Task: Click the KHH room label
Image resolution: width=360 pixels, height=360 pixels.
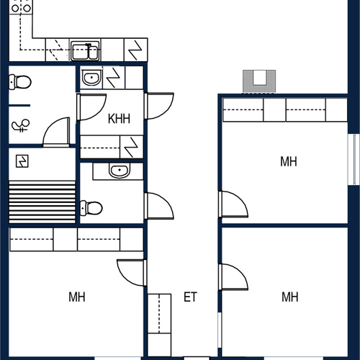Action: (119, 119)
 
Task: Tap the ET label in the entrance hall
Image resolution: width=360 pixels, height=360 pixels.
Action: (190, 297)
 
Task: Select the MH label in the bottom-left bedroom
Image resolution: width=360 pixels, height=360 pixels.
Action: (77, 297)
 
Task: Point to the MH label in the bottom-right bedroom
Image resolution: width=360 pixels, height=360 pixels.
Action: (290, 297)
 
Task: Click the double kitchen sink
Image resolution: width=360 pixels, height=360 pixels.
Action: (85, 51)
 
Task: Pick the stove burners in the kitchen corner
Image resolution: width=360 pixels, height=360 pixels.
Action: (21, 7)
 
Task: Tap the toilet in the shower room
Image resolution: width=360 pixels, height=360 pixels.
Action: (20, 82)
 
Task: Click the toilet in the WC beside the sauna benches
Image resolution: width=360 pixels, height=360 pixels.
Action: (91, 208)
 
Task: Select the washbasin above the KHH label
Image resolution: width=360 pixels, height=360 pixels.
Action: (91, 77)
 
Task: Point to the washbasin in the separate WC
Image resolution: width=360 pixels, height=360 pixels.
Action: (120, 171)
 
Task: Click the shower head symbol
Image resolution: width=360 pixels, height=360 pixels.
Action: (21, 125)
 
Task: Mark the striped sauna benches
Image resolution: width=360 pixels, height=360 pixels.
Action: (42, 202)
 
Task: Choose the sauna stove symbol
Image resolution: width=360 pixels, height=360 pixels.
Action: (22, 161)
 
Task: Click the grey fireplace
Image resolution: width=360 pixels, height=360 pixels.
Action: (259, 81)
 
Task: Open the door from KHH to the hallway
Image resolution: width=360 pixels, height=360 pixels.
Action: (159, 106)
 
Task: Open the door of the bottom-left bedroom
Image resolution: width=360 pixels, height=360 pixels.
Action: (132, 272)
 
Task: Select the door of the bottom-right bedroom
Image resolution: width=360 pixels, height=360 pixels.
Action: (233, 276)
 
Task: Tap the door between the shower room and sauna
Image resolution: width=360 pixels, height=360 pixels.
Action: (57, 132)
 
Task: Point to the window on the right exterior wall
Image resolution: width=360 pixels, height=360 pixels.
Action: (354, 159)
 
